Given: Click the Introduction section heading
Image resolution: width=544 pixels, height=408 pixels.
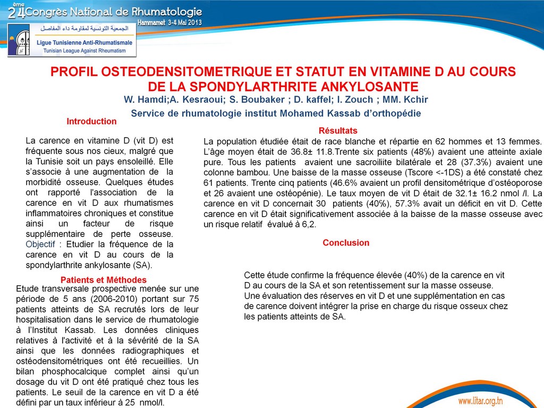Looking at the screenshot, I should [91, 122].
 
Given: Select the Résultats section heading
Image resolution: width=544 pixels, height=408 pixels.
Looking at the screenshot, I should [338, 131].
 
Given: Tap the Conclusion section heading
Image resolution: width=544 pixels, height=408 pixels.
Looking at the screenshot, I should [346, 243].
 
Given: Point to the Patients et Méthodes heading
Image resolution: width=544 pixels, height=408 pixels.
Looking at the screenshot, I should [104, 280].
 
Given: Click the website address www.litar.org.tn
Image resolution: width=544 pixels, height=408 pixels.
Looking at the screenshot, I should [480, 400].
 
